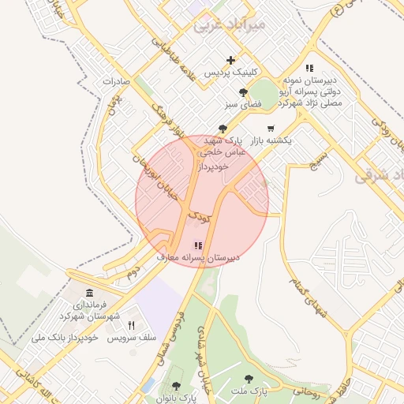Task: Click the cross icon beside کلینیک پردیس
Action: point(230,60)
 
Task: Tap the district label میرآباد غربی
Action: point(230,25)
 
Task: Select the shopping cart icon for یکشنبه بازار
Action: point(271,128)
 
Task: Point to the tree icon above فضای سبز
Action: point(253,92)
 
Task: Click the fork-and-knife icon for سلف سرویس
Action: point(132,325)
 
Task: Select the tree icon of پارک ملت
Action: point(249,379)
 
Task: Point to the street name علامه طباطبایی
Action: point(181,60)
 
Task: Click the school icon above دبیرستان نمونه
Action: point(310,68)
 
